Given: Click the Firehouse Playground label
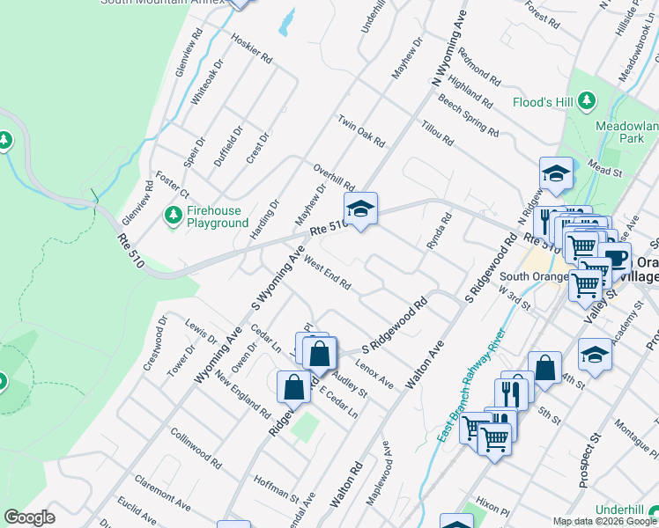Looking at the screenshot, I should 217,217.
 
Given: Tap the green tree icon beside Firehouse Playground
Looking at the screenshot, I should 173,214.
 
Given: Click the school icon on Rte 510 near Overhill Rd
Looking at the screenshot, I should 359,210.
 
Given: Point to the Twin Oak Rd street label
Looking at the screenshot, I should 361,130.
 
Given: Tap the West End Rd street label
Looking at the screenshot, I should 327,274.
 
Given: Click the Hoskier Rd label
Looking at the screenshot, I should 252,48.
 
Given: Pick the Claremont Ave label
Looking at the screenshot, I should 162,495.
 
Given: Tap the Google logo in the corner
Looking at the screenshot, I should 29,518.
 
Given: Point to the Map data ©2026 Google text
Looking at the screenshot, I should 604,521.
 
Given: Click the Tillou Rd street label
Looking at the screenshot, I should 436,133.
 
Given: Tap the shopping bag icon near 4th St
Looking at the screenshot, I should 545,368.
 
